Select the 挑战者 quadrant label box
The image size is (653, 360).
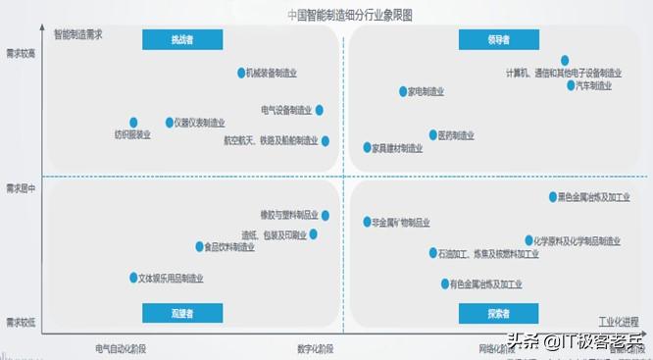(182, 39)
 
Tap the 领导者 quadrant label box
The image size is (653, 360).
(498, 39)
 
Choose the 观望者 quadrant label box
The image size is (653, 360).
(182, 313)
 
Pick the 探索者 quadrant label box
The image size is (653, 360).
(498, 313)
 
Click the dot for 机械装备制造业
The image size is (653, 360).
(241, 73)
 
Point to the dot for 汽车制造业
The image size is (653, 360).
(571, 85)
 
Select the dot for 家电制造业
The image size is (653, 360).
(402, 91)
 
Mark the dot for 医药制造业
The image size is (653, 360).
(431, 134)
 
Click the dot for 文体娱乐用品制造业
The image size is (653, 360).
(133, 278)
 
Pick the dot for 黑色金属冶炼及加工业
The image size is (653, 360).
(550, 196)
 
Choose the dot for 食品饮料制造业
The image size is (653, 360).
(198, 247)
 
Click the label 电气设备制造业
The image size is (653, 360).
(286, 110)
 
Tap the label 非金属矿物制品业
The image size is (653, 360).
(400, 223)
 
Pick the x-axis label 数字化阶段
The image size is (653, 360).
(316, 348)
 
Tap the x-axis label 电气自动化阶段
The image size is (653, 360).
(121, 348)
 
